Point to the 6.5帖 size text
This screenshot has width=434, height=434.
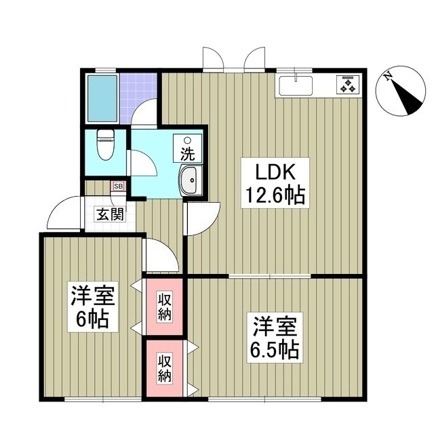pyautogui.click(x=274, y=350)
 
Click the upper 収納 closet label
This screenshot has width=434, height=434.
pyautogui.click(x=165, y=307)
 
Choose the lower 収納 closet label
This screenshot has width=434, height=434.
pyautogui.click(x=165, y=367)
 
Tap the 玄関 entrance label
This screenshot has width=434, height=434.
pyautogui.click(x=109, y=216)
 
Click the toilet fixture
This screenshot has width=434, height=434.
pyautogui.click(x=105, y=144)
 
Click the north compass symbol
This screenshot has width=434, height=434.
pyautogui.click(x=403, y=96)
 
